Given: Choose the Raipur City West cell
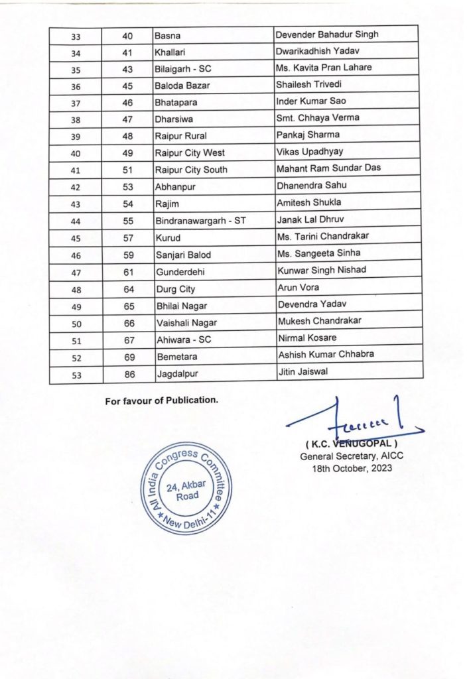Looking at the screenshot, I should coord(189,153).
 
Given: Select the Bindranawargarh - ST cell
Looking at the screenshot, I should coord(200,220).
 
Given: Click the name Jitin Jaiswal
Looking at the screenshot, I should coord(303,372).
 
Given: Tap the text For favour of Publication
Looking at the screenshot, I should coord(161,401).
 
